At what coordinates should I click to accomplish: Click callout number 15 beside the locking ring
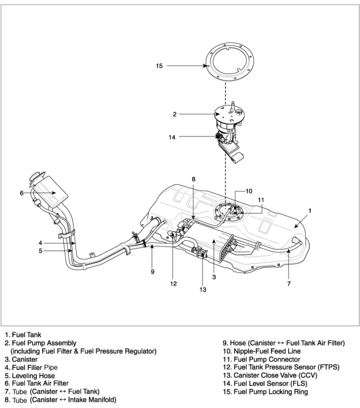(x=159, y=66)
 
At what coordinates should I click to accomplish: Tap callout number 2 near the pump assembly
(x=175, y=114)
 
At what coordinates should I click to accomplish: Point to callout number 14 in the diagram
(x=172, y=137)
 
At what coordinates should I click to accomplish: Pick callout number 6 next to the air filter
(x=22, y=193)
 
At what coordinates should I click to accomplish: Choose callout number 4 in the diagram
(x=40, y=243)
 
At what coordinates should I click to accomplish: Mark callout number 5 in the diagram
(x=40, y=251)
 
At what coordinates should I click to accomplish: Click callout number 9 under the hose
(x=153, y=272)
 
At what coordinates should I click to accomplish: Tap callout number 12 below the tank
(x=173, y=284)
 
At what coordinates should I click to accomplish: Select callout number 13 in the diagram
(x=203, y=289)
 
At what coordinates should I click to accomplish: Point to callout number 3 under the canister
(x=214, y=277)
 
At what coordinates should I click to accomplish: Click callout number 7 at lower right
(x=289, y=284)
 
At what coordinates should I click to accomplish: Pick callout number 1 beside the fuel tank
(x=310, y=210)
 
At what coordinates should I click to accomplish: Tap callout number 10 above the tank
(x=249, y=191)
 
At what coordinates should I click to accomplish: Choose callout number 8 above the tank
(x=194, y=179)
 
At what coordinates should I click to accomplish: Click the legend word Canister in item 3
(x=25, y=359)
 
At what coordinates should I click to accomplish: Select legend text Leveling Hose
(x=34, y=376)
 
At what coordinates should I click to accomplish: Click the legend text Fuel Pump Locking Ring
(x=271, y=392)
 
